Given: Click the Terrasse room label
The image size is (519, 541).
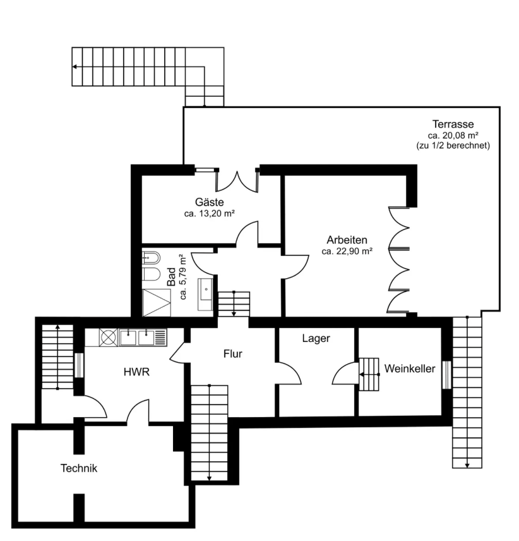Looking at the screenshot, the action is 453,124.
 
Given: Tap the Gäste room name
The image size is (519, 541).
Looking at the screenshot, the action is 209,202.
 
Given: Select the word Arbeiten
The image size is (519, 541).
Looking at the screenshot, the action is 347,240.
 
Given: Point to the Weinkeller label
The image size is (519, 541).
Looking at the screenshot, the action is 410,368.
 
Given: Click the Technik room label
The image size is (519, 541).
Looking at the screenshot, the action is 79,468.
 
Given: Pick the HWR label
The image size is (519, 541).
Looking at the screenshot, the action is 136,372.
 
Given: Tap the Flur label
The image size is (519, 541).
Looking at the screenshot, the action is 232,354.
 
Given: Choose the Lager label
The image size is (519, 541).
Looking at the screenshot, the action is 316,339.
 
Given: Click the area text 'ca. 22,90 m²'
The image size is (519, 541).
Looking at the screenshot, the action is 347,251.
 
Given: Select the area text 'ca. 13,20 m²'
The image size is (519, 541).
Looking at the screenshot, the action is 209,214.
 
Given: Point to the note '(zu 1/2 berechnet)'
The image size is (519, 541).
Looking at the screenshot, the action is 453,145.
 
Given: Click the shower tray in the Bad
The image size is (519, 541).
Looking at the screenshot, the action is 157,303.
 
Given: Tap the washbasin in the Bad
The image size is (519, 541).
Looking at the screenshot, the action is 205,289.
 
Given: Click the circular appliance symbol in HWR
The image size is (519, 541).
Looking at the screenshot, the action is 108,337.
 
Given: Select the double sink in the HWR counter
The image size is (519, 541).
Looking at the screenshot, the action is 136,337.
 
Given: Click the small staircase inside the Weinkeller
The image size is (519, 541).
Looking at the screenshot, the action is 369,374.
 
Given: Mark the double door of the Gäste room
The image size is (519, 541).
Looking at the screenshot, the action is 237,181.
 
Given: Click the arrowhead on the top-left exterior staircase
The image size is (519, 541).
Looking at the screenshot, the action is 75,66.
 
